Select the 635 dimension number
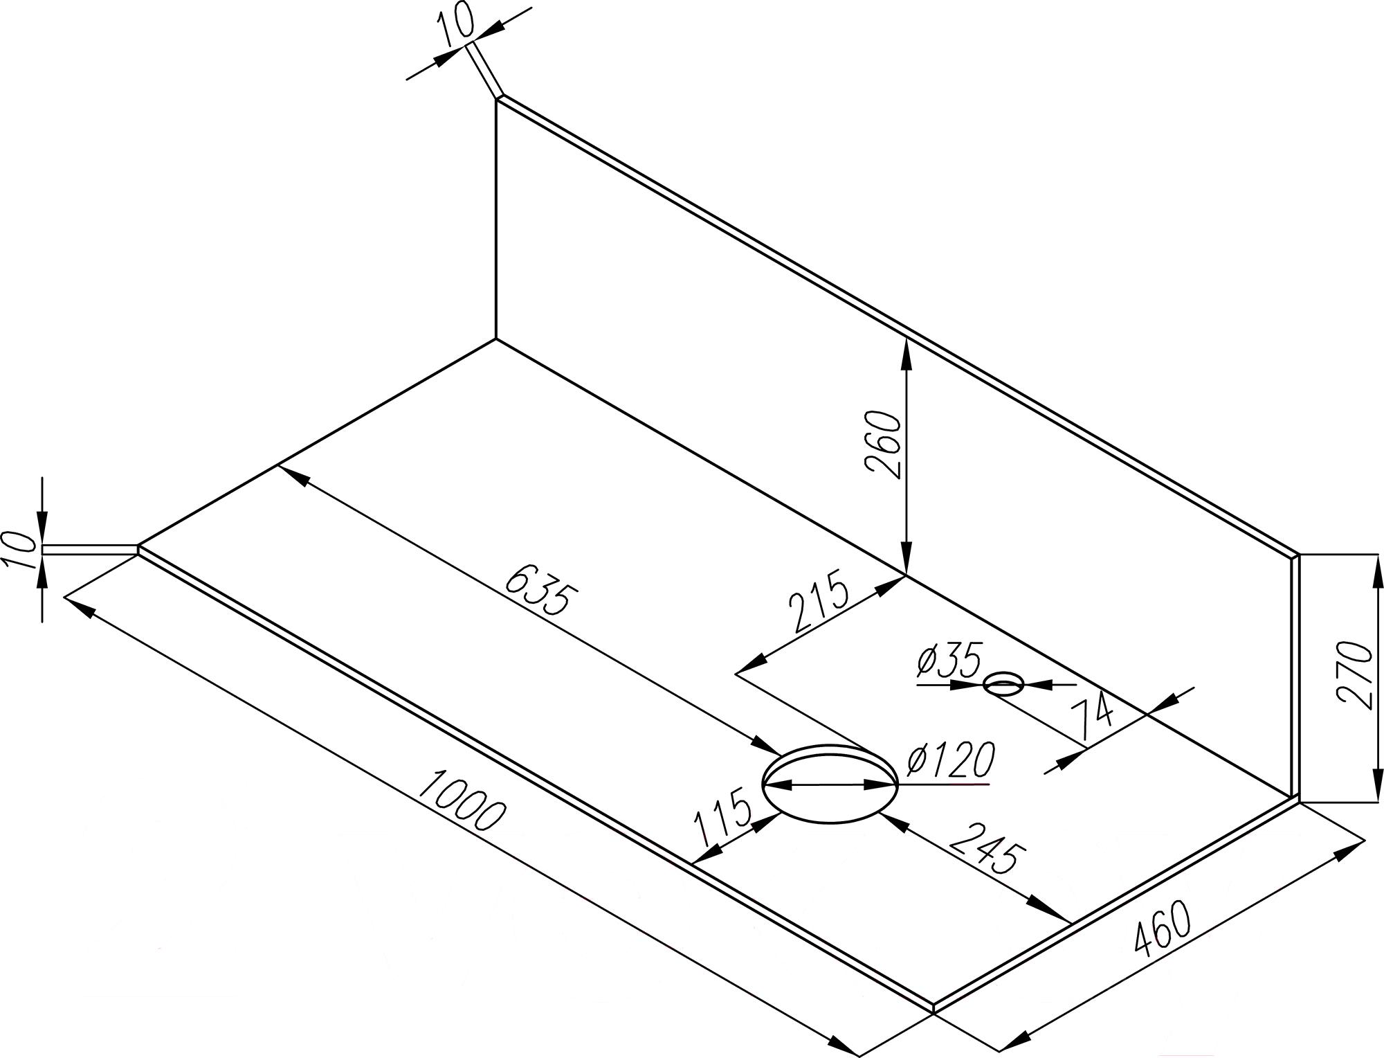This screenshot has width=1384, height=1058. pyautogui.click(x=540, y=589)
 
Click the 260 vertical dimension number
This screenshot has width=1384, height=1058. pyautogui.click(x=884, y=444)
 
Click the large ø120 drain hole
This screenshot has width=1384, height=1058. pyautogui.click(x=830, y=784)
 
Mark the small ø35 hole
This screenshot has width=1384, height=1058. pyautogui.click(x=1003, y=685)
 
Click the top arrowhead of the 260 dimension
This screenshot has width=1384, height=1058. pyautogui.click(x=906, y=349)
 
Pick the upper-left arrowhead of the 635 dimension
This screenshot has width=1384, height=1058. pyautogui.click(x=291, y=474)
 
